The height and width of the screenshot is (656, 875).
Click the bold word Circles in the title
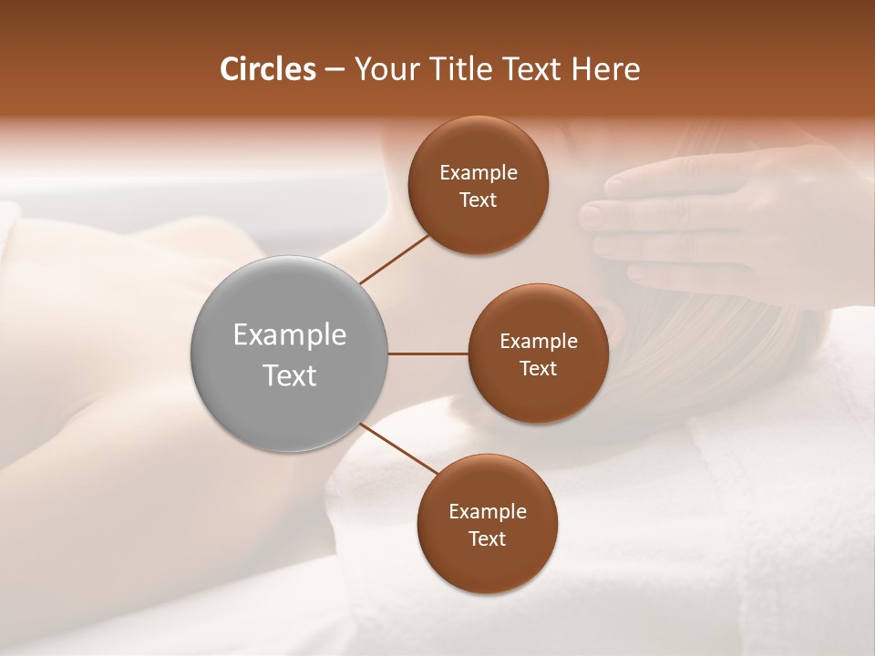coord(268,69)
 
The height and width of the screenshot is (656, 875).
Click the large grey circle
coord(290,354)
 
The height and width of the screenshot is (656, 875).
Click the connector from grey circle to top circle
coord(394,259)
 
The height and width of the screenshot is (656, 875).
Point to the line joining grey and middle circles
coord(428,354)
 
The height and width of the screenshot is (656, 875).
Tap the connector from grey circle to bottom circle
coord(399,449)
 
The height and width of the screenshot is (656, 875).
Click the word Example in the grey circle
coord(290,335)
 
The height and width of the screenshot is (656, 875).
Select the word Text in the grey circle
coord(290,375)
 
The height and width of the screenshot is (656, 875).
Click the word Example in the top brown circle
coord(479,173)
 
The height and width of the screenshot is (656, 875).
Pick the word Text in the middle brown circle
coord(538,368)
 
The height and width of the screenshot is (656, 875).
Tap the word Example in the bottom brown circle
coord(488,512)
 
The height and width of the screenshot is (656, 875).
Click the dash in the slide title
coord(335,70)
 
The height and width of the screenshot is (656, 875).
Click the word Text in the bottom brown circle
coord(488,538)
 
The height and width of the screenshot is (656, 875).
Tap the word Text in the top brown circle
coord(479,200)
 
